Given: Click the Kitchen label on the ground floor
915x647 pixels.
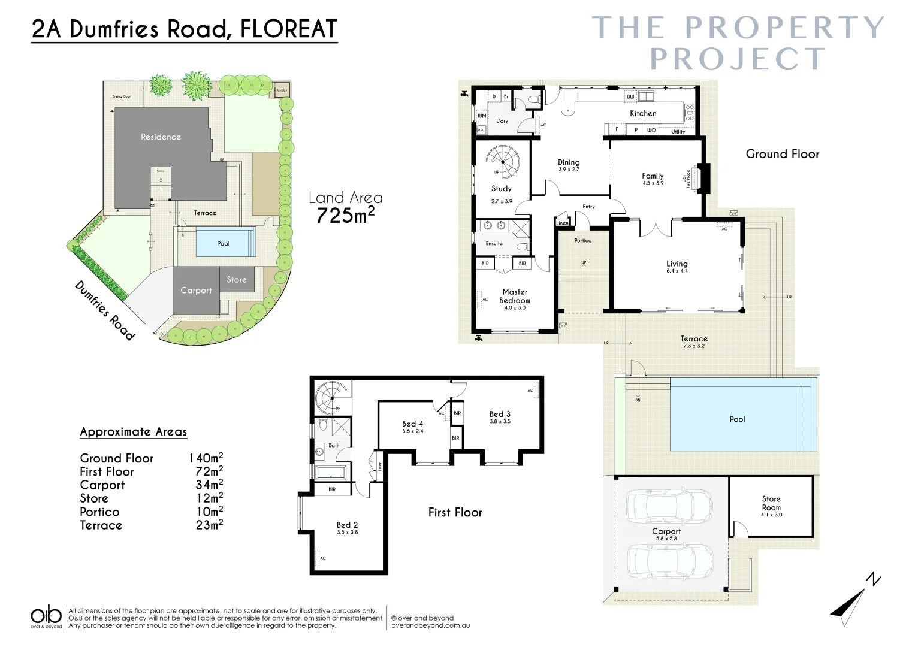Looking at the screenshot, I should coord(643,113).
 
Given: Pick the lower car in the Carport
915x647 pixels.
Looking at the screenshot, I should coord(670,561).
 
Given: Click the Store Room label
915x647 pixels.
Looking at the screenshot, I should coord(771,503).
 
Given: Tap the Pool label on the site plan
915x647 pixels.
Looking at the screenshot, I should coord(223,243).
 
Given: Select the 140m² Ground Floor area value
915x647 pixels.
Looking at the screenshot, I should coord(206,458).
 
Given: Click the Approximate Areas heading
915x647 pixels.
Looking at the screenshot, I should coord(134,432).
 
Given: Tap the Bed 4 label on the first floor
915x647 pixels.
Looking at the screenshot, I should coord(412,424).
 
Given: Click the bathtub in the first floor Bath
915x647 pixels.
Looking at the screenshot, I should coord(331,473).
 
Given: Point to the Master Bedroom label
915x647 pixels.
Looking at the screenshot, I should coord(515,296).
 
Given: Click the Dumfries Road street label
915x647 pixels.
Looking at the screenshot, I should coord(105,310).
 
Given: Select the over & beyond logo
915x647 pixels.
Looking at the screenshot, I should coord(46,616).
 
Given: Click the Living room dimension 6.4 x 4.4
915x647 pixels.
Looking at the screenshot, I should coord(677,271).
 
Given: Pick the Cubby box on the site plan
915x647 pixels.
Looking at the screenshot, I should coord(282,90).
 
